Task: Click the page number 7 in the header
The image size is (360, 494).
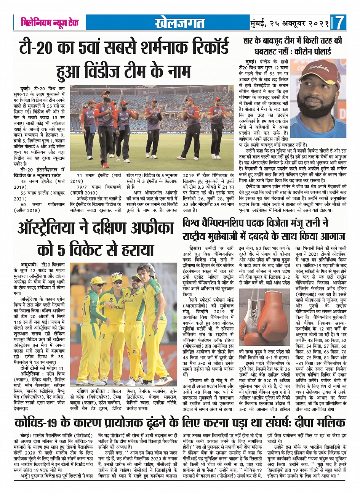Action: click(339, 23)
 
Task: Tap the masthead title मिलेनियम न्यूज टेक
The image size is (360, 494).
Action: click(50, 23)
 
